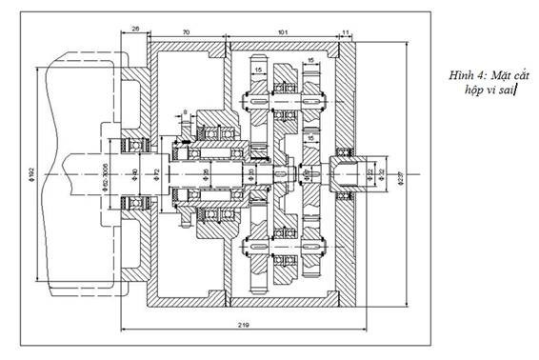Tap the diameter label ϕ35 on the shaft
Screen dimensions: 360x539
click(206, 174)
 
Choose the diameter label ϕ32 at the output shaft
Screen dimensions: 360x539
click(382, 173)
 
